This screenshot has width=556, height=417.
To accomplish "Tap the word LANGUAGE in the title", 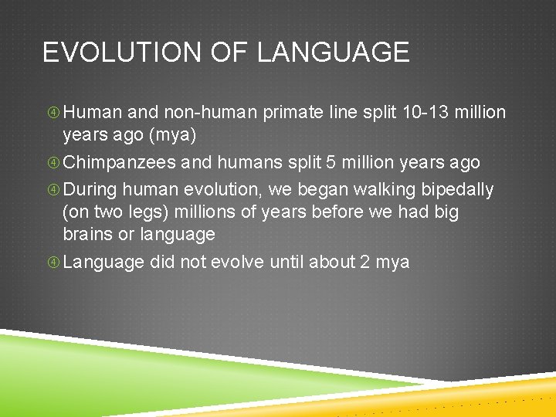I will [333, 53].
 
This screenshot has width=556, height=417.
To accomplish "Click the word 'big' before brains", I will [446, 212].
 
